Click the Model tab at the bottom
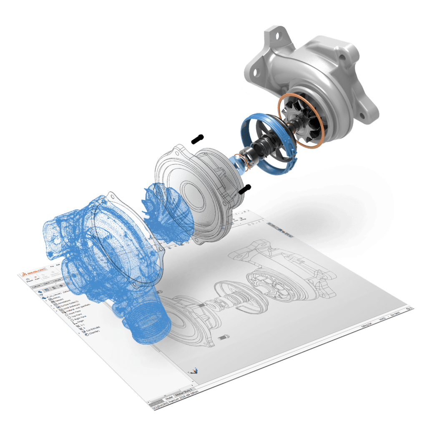[x=169, y=396]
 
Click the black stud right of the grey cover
[x=245, y=188]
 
